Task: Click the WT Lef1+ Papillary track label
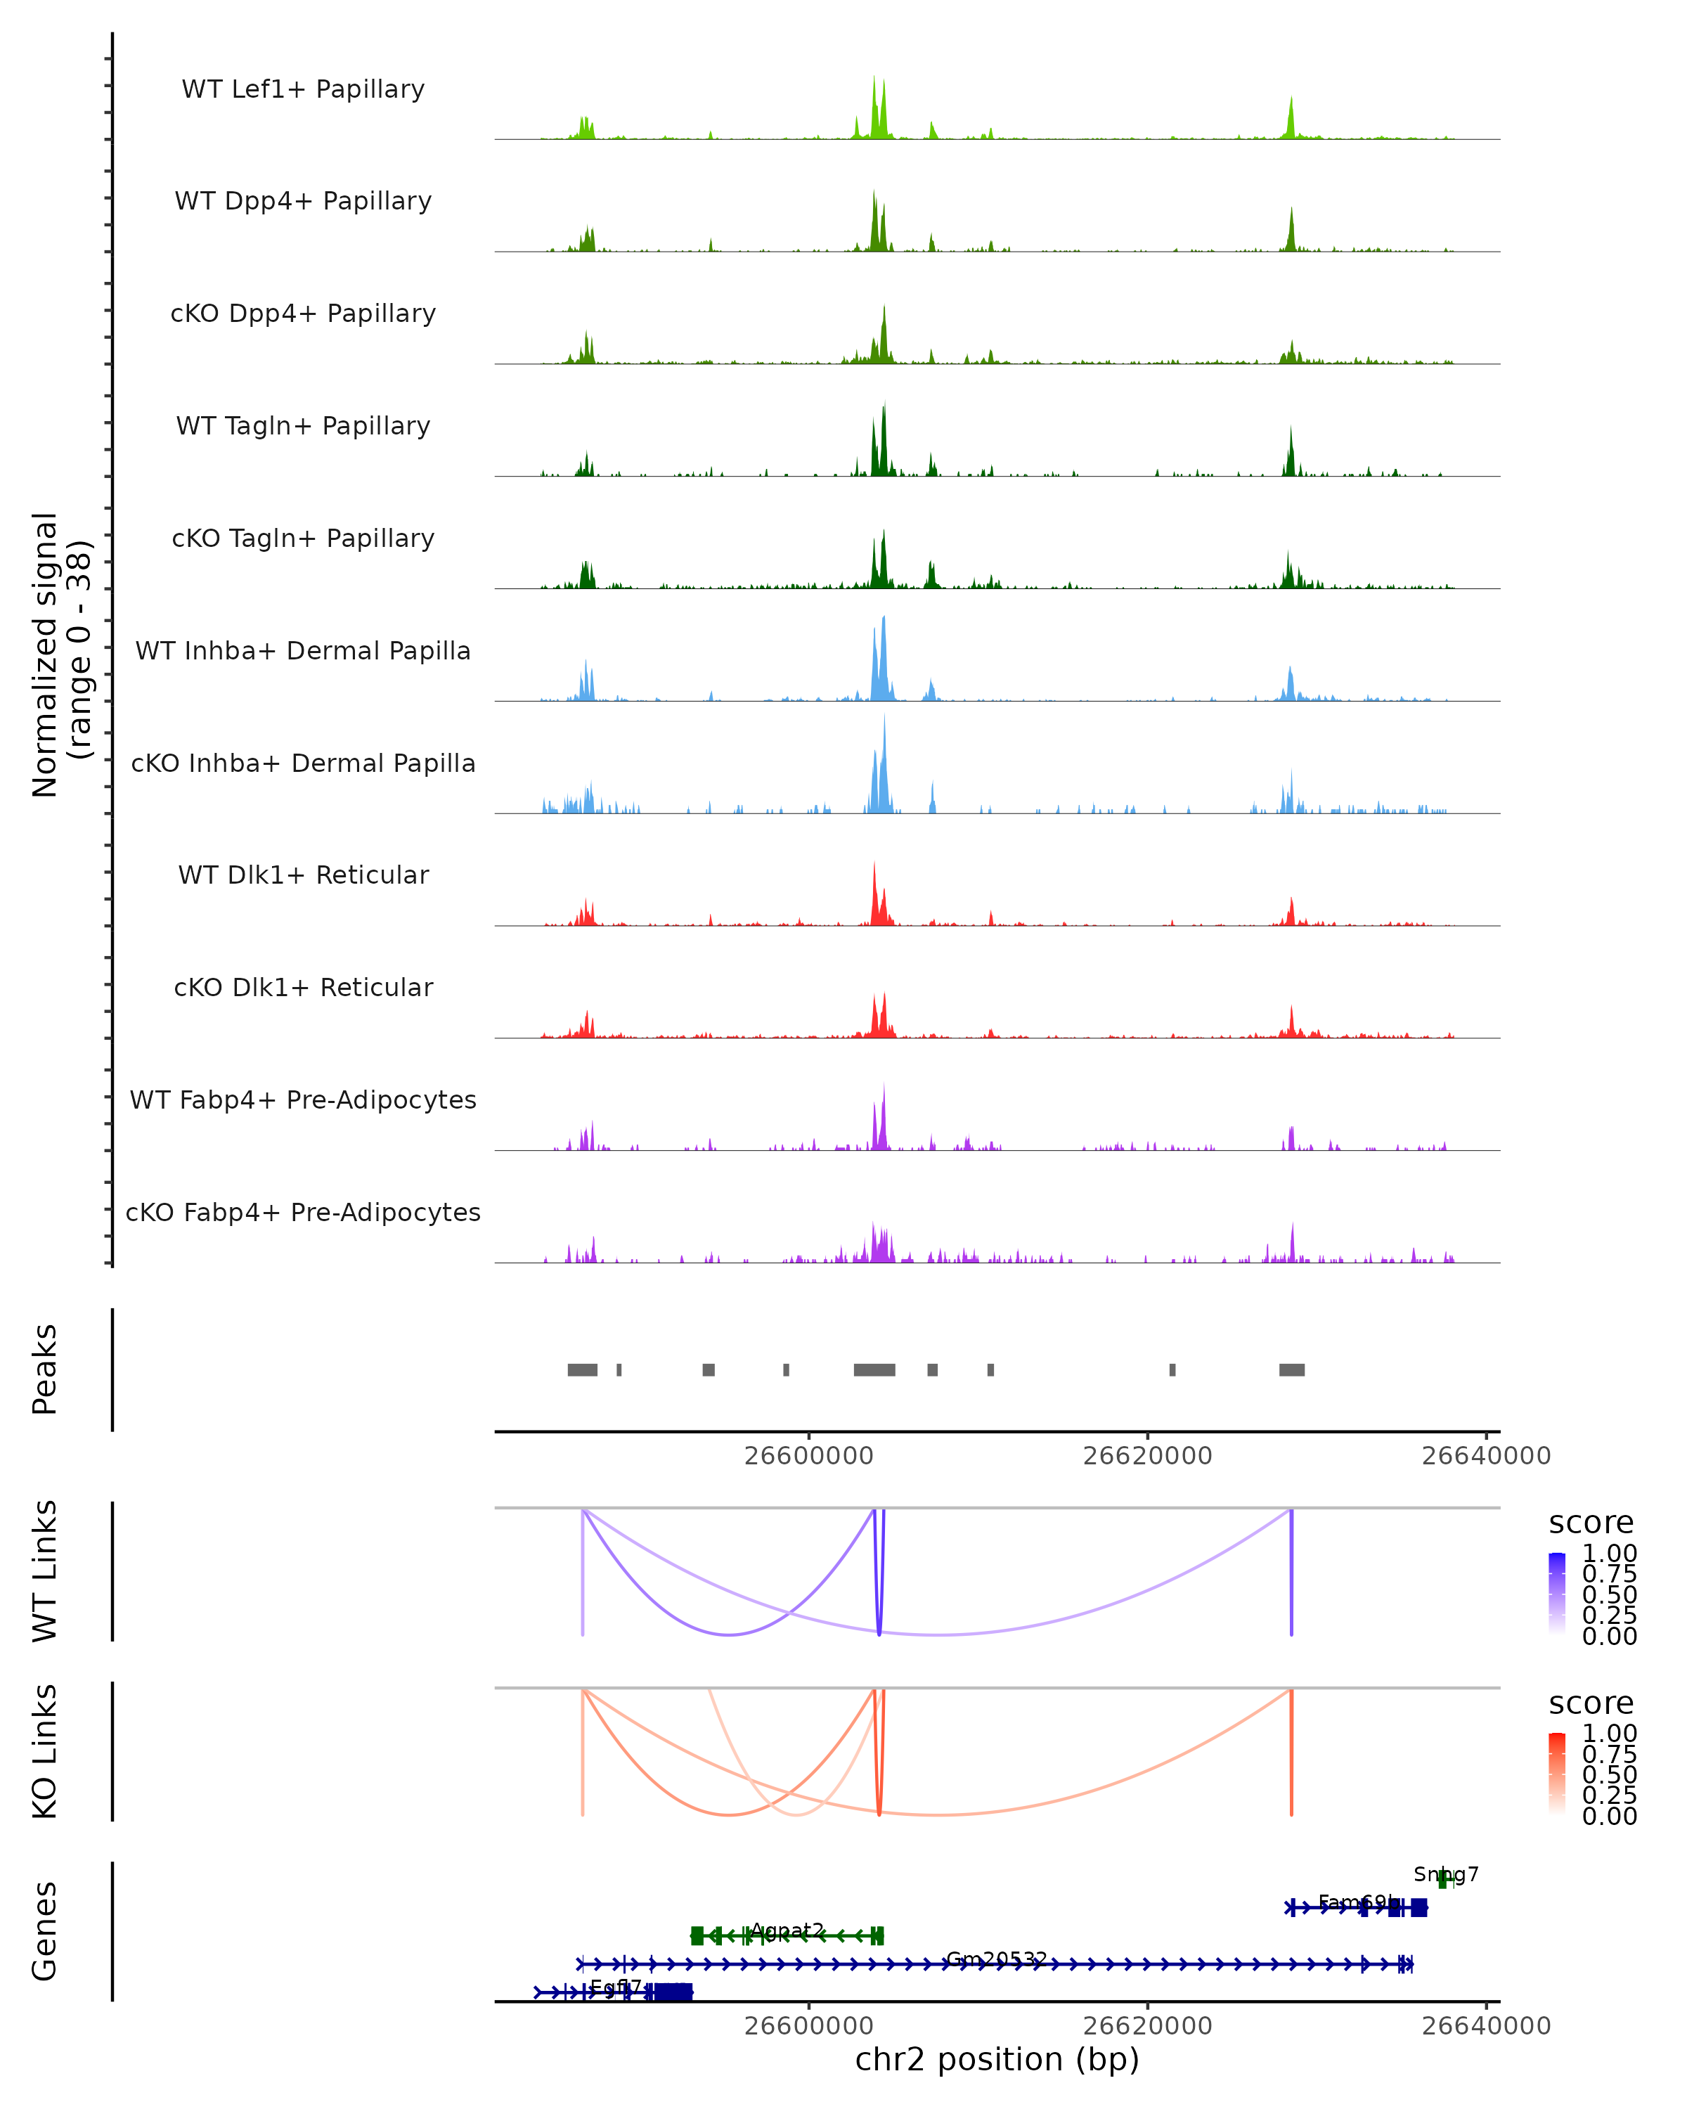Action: (x=303, y=89)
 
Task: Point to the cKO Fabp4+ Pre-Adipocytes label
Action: (x=303, y=1212)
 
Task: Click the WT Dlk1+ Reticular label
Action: (x=303, y=875)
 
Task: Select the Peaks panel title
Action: (x=45, y=1369)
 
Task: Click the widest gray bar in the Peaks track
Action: (x=874, y=1369)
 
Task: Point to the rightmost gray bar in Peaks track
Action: (x=1291, y=1369)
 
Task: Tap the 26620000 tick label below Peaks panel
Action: (x=1147, y=1456)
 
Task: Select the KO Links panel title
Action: (x=45, y=1751)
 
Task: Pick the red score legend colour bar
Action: (x=1557, y=1774)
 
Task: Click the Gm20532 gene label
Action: (x=995, y=1959)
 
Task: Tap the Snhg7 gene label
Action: (x=1445, y=1874)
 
